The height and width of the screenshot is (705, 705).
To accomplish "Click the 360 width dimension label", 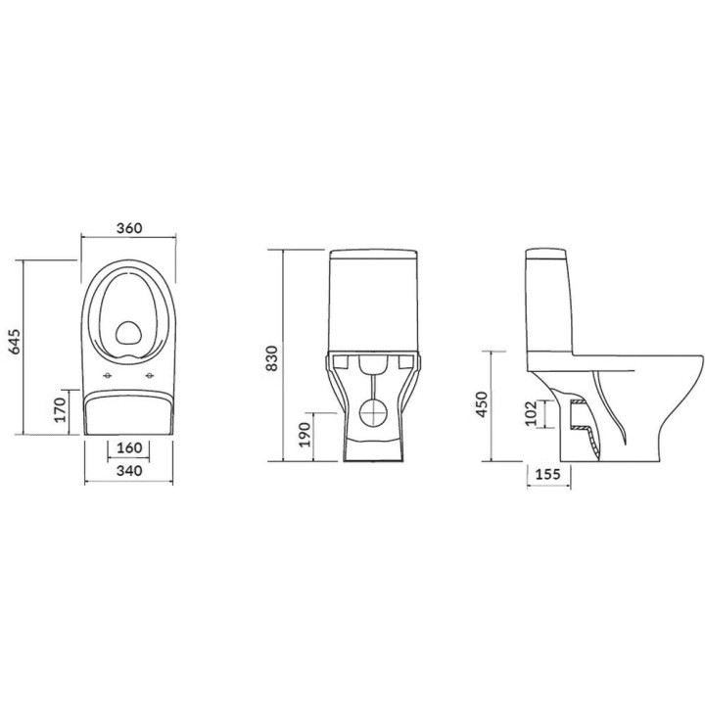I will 129,228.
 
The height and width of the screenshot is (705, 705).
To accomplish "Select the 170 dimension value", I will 59,408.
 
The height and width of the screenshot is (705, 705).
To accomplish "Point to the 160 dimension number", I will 129,448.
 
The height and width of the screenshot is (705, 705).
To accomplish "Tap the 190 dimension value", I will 304,433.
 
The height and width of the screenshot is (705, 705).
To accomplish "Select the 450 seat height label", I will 480,405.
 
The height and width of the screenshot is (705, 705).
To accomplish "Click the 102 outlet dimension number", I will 530,413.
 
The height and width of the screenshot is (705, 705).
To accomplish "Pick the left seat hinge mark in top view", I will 106,376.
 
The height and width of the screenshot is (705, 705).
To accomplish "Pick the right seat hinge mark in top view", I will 150,376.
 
